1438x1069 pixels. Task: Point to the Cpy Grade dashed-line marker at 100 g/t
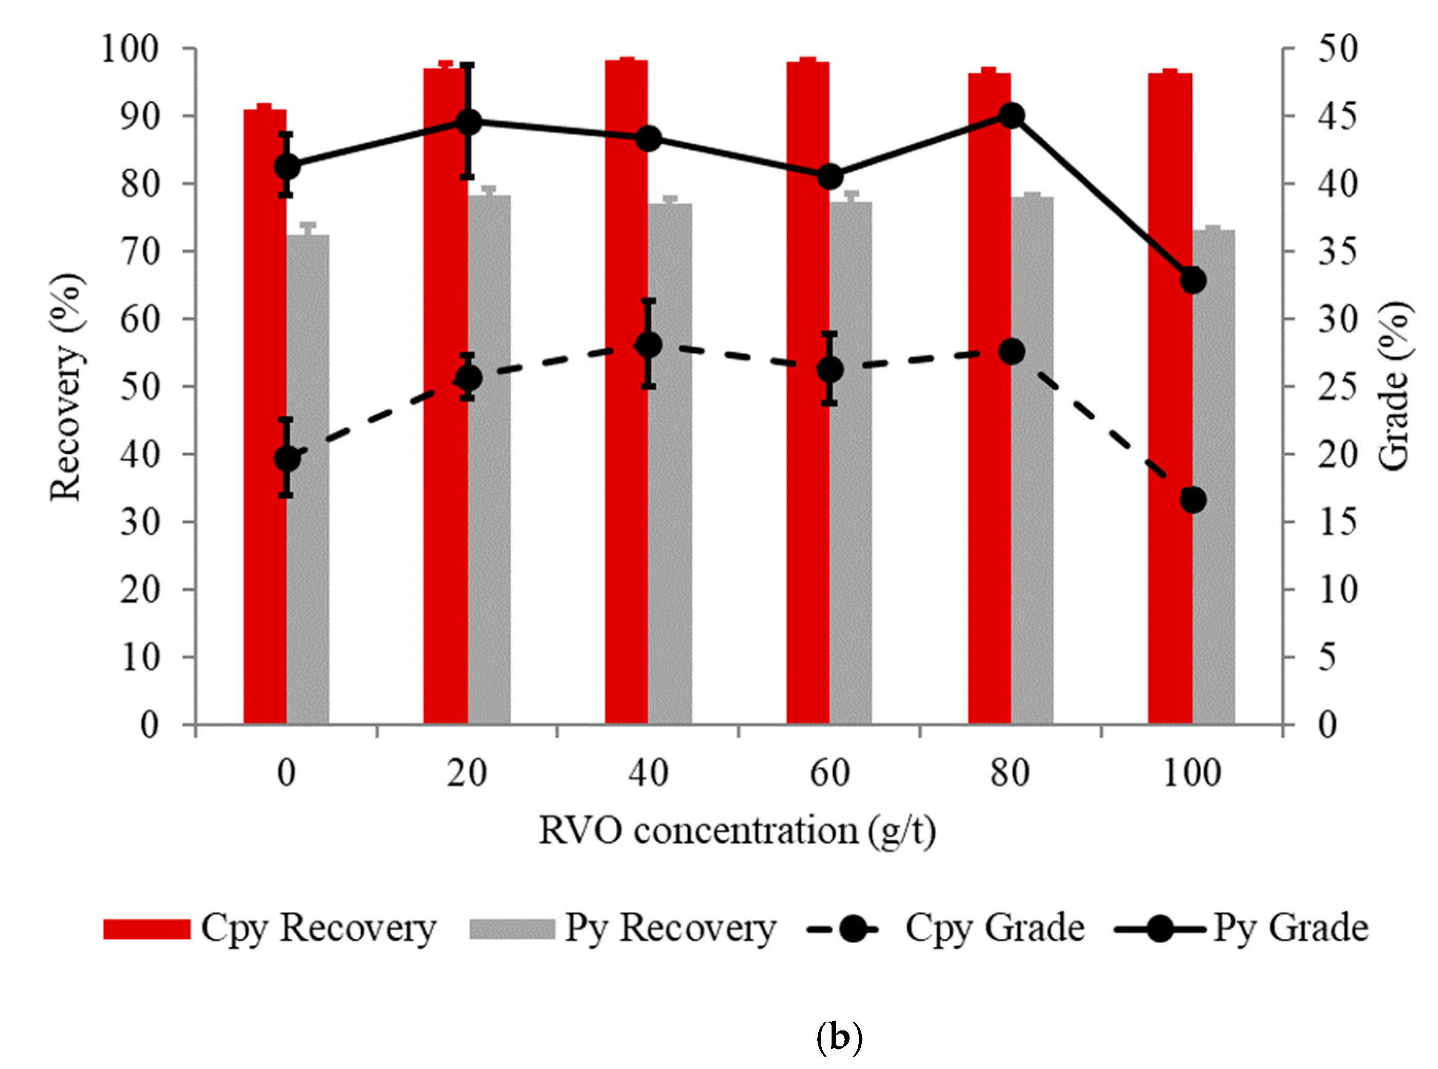[x=1193, y=500]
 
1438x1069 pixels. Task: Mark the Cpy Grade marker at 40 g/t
[x=649, y=345]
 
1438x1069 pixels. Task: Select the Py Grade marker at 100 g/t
[x=1193, y=281]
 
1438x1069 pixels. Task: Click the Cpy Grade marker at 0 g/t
[x=287, y=459]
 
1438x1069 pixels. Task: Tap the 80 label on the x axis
[x=1010, y=773]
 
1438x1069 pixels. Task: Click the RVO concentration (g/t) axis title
[x=737, y=831]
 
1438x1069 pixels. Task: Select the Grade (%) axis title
[x=1394, y=386]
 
